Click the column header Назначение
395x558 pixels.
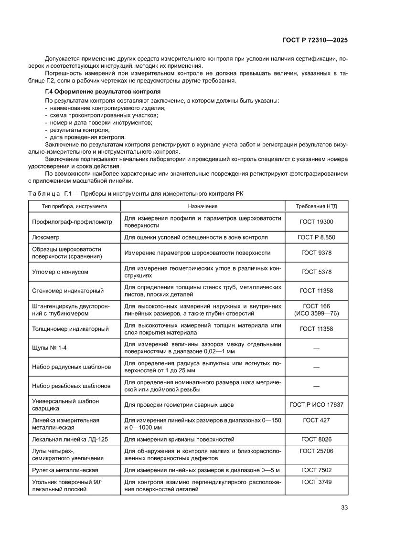203,206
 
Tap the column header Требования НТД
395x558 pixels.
316,206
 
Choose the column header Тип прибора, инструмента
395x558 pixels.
75,206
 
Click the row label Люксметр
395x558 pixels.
46,237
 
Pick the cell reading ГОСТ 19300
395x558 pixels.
316,221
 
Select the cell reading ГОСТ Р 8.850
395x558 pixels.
316,237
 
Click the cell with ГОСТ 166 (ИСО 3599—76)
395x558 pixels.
316,310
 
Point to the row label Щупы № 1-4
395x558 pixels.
49,348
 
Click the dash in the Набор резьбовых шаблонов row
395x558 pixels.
316,386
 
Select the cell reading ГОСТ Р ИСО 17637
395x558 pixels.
316,405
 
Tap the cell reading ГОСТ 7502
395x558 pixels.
316,470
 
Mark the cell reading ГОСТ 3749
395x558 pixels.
316,482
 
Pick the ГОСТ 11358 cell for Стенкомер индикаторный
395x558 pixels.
316,291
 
